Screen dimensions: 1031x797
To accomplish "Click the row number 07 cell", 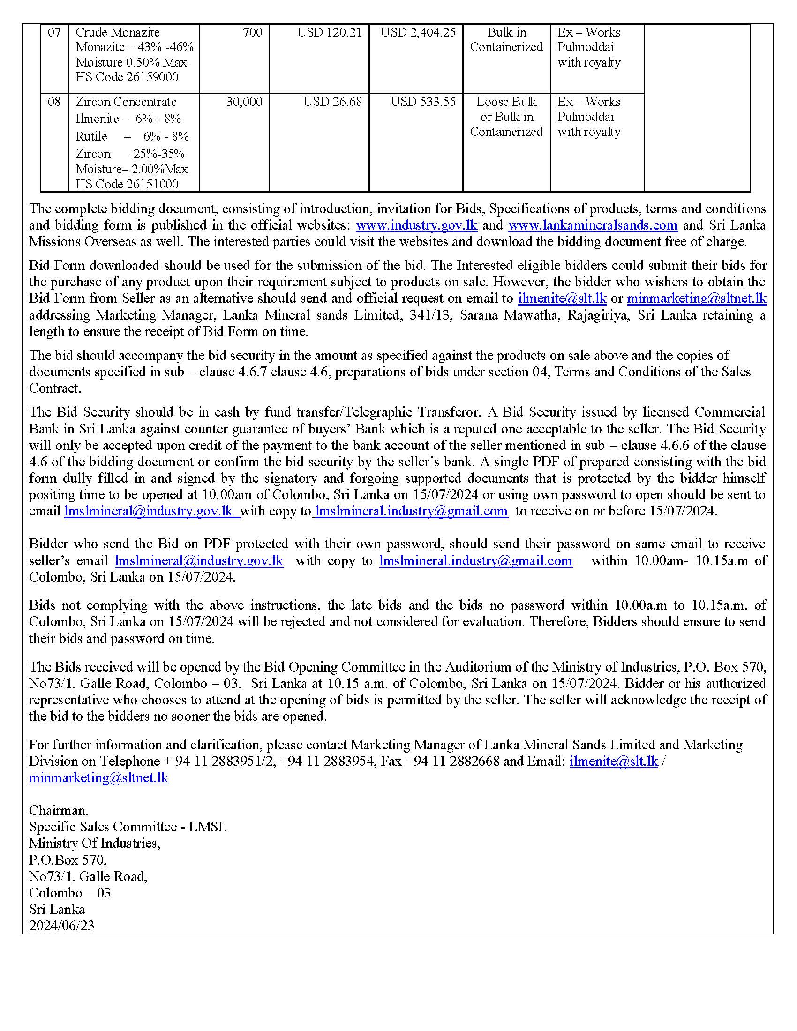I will [x=54, y=33].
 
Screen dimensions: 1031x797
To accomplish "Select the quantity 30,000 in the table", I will [x=244, y=102].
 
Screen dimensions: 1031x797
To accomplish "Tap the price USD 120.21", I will [x=329, y=33].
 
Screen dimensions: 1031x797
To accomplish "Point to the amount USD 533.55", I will [x=423, y=102].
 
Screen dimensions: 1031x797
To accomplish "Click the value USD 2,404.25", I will [x=418, y=33].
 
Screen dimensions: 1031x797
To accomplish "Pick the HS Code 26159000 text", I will [x=127, y=77].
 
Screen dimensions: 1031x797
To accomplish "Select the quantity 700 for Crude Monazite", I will [x=253, y=33].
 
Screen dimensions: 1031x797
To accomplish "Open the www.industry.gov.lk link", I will [x=416, y=225].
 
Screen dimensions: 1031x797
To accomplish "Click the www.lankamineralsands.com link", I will [x=593, y=225].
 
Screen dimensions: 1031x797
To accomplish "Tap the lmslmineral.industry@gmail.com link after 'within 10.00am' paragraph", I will [x=475, y=561].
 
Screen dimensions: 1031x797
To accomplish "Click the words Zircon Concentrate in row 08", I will [x=126, y=102].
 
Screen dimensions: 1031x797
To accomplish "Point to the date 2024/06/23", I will [x=62, y=925].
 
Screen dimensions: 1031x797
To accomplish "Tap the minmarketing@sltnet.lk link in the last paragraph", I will [x=98, y=777].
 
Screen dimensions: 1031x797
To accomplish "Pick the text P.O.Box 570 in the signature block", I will [x=68, y=859].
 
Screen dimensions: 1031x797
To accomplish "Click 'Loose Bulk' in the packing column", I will [x=506, y=102].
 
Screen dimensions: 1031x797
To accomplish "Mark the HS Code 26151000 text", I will [x=127, y=184].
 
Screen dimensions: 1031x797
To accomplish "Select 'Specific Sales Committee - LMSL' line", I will [x=128, y=827].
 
